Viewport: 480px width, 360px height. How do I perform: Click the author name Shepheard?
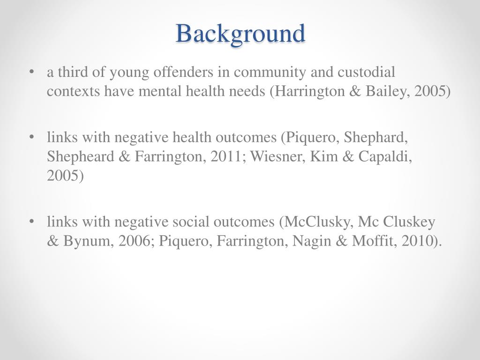coord(79,157)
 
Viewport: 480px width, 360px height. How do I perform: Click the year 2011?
coord(226,157)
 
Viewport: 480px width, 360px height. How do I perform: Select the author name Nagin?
coord(309,241)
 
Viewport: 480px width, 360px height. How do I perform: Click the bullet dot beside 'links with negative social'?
coord(31,222)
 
